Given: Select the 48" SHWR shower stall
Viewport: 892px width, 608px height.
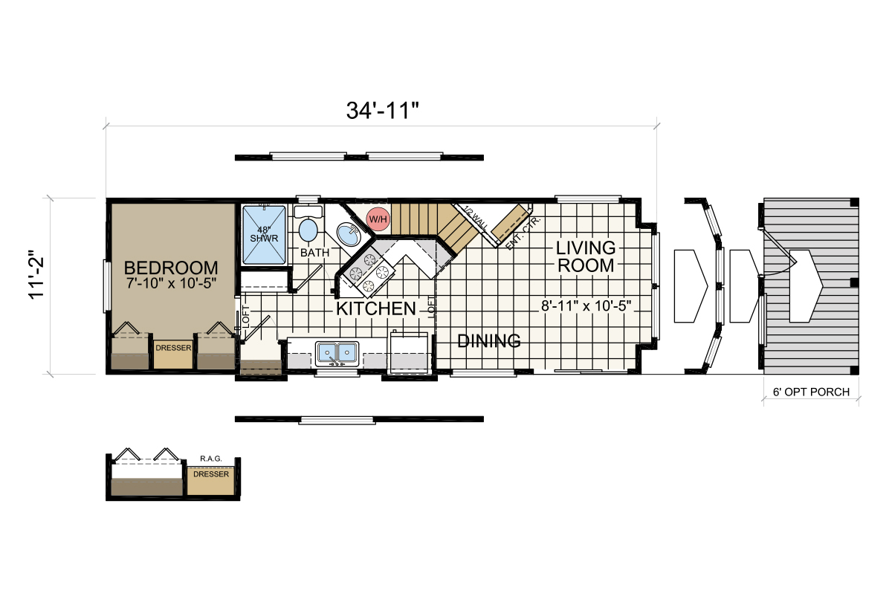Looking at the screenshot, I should (x=262, y=233).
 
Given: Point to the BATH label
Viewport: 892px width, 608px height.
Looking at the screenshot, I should (x=314, y=253).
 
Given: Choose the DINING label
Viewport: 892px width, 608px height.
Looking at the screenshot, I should (x=488, y=341).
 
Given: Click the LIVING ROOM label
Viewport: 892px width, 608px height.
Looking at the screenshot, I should (x=586, y=256).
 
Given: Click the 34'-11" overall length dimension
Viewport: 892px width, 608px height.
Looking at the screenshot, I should (x=382, y=110).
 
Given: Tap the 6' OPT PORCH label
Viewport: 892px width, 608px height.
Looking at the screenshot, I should (x=811, y=392).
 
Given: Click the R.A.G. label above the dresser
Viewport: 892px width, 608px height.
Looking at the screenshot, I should (x=210, y=459).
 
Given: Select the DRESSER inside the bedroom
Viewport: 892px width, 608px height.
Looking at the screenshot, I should (x=173, y=348).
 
